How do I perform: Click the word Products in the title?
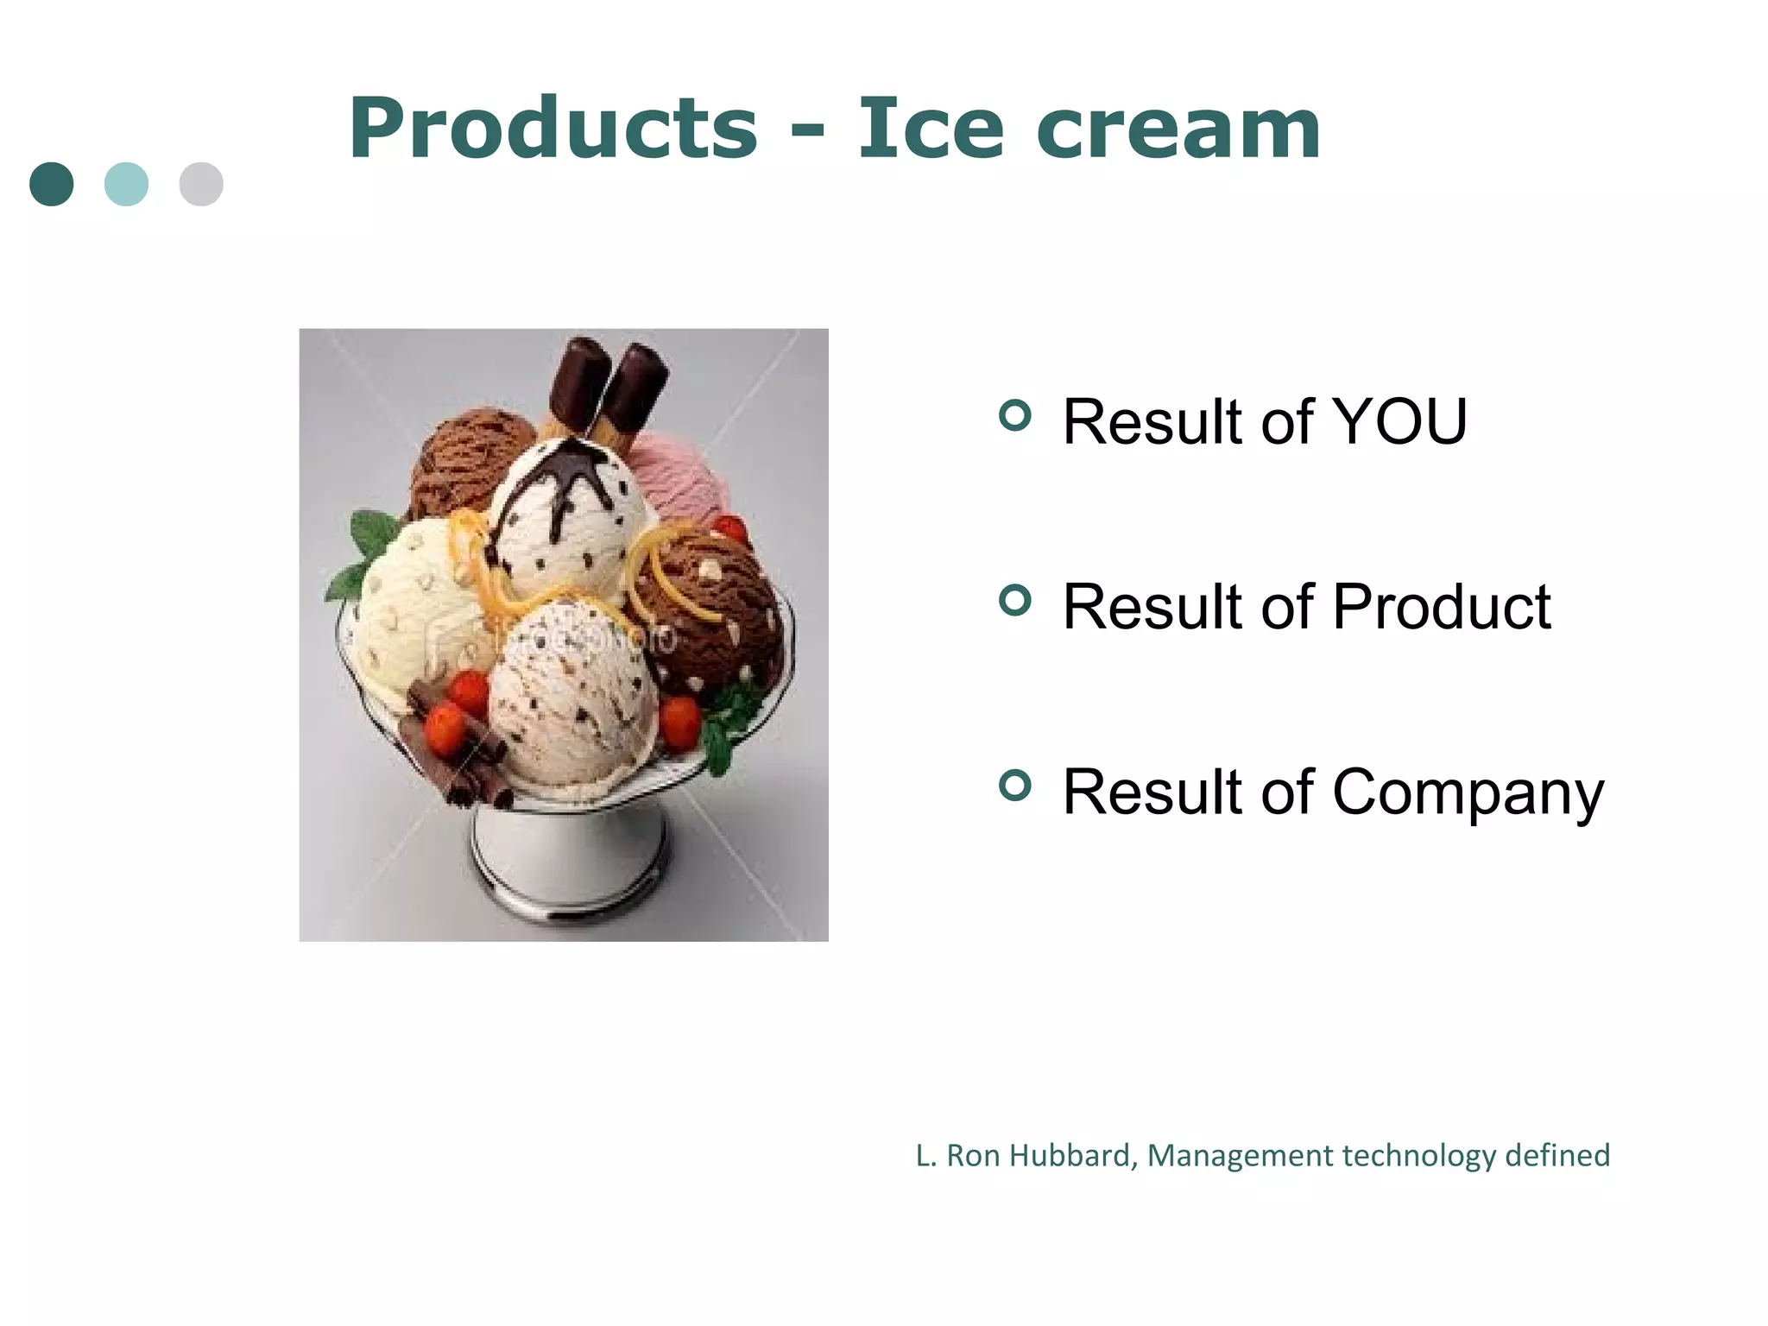(552, 129)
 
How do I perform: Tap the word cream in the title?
(1178, 129)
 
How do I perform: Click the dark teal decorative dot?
(52, 184)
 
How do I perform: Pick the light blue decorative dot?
(126, 184)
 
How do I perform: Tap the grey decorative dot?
(201, 184)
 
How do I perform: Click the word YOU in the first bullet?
(1399, 422)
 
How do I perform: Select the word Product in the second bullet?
(1441, 607)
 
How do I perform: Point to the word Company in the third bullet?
(1468, 792)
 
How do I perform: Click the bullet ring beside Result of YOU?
(1015, 415)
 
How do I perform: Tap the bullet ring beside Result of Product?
(1015, 600)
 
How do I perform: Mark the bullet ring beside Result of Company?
(1015, 785)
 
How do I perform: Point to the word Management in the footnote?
(1240, 1155)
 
